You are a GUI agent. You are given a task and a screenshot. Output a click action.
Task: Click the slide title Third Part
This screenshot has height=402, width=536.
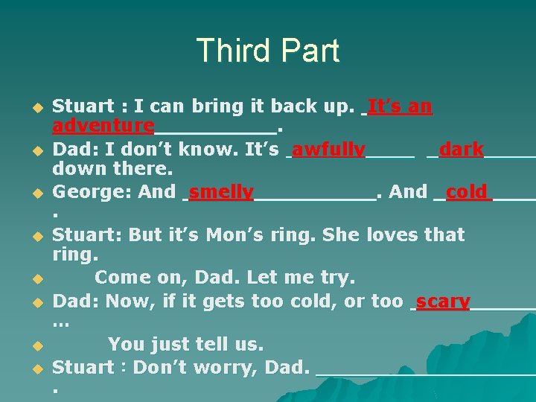click(x=268, y=51)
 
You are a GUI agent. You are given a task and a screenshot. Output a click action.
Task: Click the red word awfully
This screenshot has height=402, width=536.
click(x=328, y=150)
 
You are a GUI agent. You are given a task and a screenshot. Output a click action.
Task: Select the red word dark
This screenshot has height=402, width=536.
click(x=462, y=150)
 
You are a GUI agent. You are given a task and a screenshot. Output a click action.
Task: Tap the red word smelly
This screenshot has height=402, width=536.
click(x=221, y=192)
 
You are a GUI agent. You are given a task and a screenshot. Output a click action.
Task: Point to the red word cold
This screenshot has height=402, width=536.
click(x=467, y=192)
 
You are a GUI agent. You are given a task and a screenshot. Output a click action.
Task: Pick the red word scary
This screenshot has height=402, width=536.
click(x=443, y=302)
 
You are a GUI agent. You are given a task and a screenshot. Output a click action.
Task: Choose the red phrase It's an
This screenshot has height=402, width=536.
click(x=400, y=106)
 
